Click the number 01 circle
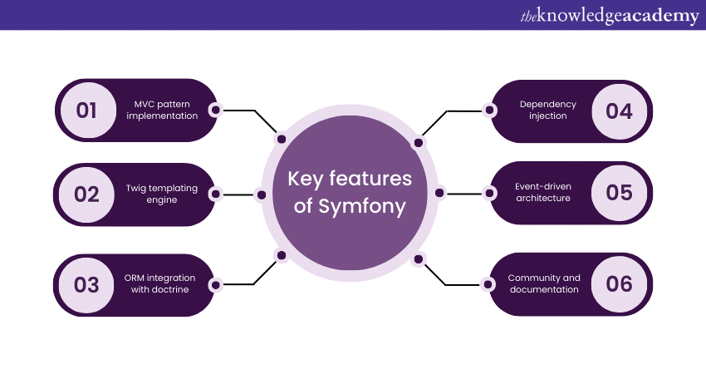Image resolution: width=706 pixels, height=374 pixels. [x=87, y=110]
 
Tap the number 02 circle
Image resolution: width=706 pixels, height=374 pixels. [x=87, y=194]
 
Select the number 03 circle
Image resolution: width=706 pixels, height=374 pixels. [x=87, y=284]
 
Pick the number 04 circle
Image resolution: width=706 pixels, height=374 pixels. [x=619, y=110]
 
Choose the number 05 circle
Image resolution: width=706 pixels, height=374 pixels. [x=619, y=193]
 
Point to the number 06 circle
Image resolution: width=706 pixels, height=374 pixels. [x=619, y=283]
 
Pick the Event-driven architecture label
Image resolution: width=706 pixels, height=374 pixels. [x=542, y=193]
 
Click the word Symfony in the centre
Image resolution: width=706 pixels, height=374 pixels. [x=362, y=207]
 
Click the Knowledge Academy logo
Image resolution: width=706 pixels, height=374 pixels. [x=610, y=15]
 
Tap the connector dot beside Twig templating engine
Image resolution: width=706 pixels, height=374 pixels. [x=216, y=194]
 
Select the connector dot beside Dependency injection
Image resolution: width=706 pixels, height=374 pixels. [x=491, y=110]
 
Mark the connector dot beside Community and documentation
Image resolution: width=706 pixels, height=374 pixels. [x=491, y=283]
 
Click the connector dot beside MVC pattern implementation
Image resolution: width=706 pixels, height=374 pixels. [x=216, y=110]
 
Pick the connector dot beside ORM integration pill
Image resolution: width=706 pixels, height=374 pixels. [x=216, y=284]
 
